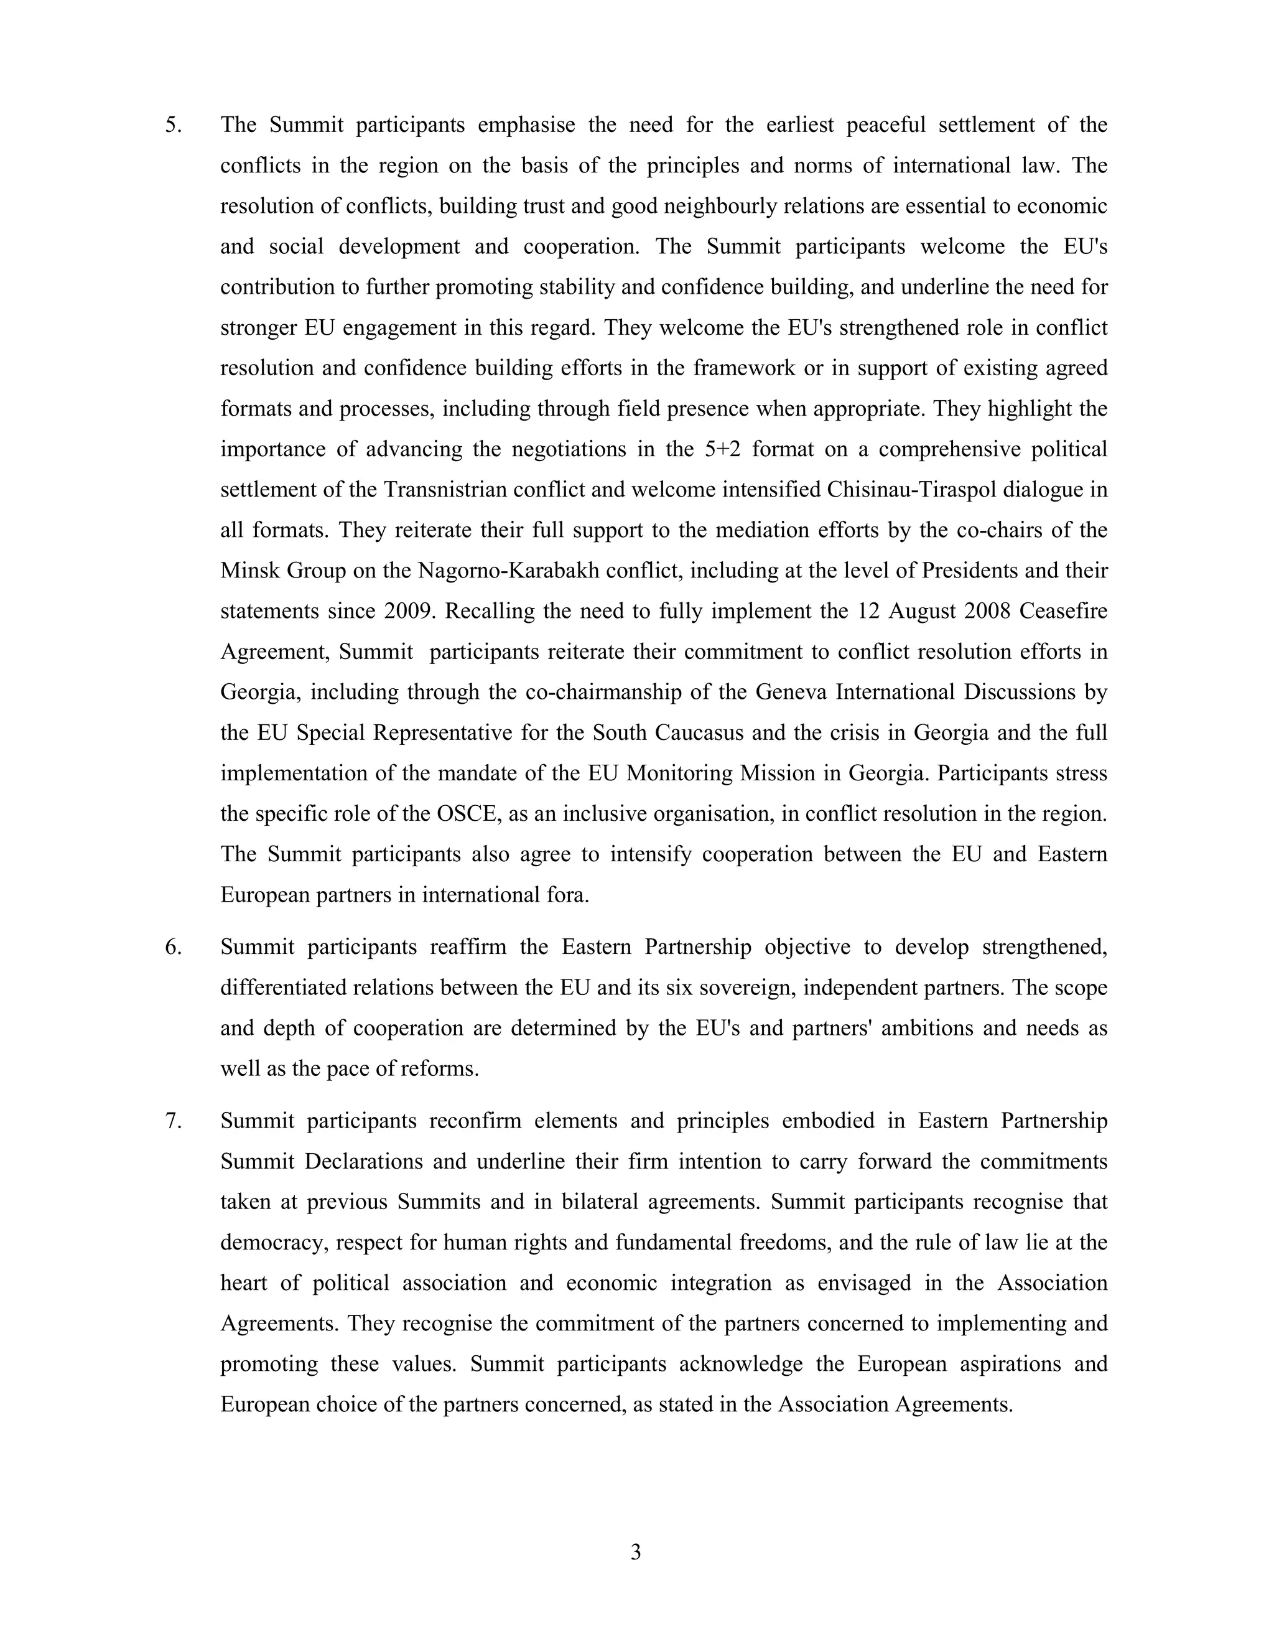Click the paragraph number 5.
(x=173, y=125)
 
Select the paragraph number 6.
(x=173, y=948)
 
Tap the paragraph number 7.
(x=173, y=1121)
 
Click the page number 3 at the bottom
(x=636, y=1553)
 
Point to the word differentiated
(x=283, y=988)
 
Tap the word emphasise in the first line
(x=526, y=125)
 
